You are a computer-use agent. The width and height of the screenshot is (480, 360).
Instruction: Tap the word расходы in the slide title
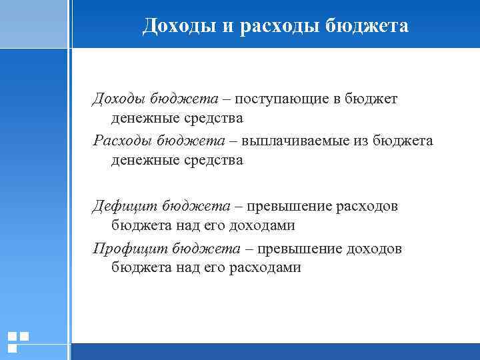[x=275, y=26]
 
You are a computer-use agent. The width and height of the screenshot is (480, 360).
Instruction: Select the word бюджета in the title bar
[x=368, y=26]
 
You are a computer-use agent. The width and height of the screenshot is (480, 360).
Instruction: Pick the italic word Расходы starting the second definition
[x=121, y=141]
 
